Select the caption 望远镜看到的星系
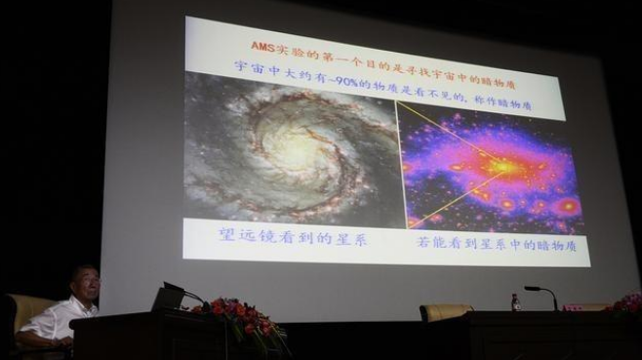click(x=292, y=239)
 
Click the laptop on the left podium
click(x=167, y=299)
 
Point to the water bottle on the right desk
click(x=516, y=302)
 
